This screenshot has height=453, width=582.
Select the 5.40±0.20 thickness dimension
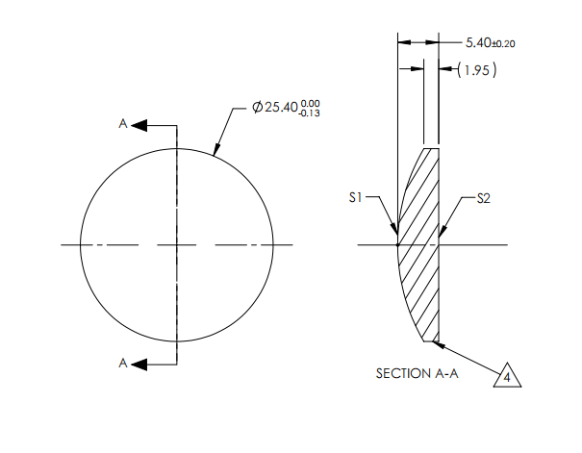[x=491, y=43]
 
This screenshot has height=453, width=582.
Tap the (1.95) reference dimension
[x=478, y=70]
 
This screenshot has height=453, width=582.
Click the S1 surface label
[x=355, y=197]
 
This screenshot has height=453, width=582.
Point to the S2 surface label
[x=484, y=197]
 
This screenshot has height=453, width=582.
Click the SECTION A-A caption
[x=417, y=373]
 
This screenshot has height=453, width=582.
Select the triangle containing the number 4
[x=507, y=376]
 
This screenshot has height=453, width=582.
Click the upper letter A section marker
[x=122, y=124]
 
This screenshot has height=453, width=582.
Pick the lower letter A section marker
[x=122, y=363]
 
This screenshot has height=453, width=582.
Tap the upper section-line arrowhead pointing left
[x=139, y=125]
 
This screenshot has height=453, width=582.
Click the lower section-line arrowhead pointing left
[x=139, y=364]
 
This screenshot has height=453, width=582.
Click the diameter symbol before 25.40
[x=257, y=108]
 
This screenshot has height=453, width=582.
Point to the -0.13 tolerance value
[x=311, y=113]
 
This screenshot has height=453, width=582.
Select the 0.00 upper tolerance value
[x=312, y=103]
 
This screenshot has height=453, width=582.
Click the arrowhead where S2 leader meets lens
[x=442, y=234]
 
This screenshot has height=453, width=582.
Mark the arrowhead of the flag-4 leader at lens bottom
[x=441, y=342]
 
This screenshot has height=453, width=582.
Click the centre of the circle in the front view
[x=177, y=245]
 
